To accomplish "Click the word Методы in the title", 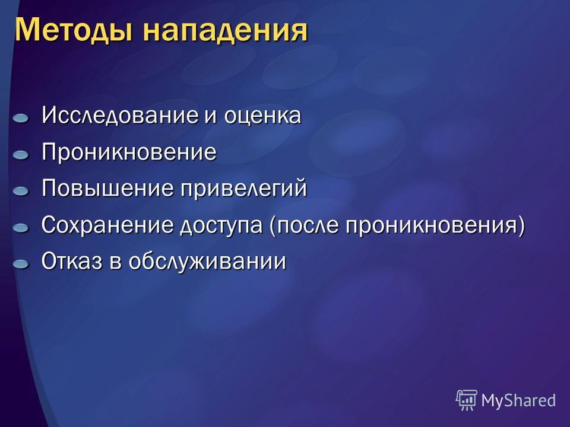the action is [72, 30].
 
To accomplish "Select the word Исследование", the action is [119, 115].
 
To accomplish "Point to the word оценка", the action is [262, 116].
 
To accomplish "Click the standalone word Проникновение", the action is [129, 152].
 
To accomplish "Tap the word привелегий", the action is [244, 189].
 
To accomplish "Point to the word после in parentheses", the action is [304, 225].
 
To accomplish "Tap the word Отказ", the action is [72, 261].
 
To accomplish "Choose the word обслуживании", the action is [208, 262].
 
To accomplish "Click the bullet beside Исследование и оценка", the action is [21, 119].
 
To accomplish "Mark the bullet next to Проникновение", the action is [21, 155].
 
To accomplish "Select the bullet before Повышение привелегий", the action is [21, 192].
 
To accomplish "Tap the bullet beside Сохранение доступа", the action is [21, 228].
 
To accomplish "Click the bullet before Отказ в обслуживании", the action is [21, 264].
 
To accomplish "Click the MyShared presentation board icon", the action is [467, 400].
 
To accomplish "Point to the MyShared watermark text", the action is [518, 401].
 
